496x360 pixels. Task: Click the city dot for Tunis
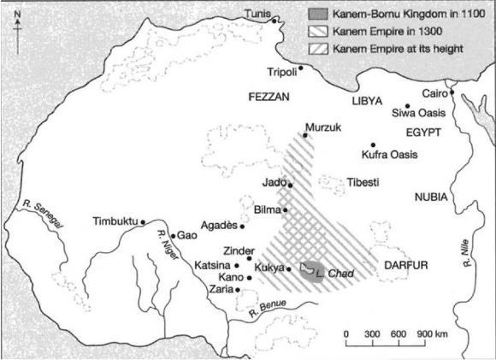275,19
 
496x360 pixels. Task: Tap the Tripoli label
282,72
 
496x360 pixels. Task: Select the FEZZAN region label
268,97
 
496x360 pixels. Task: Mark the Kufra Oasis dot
373,145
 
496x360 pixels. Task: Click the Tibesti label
363,182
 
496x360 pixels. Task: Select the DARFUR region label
406,265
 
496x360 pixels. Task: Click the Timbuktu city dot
143,222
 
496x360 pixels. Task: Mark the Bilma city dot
286,210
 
